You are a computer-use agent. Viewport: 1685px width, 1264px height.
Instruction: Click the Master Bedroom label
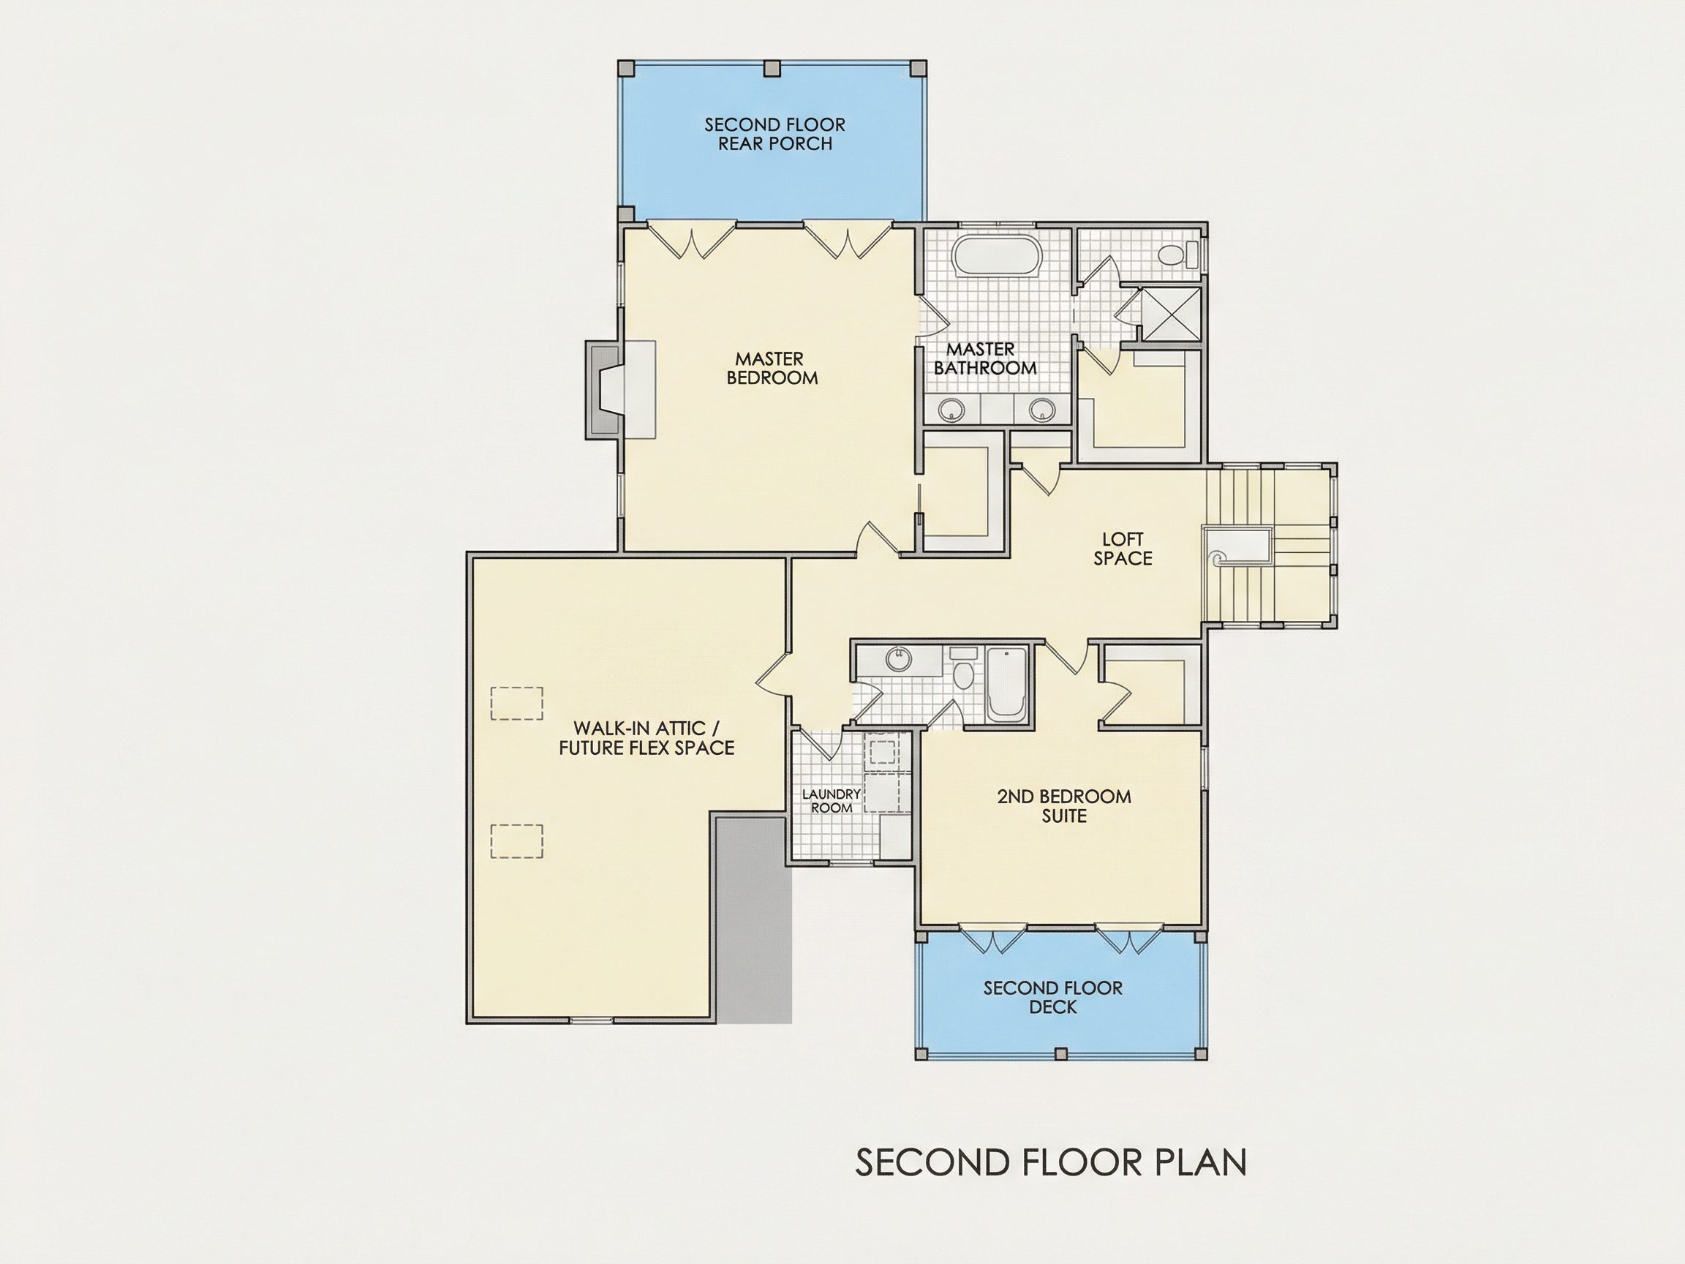(x=771, y=368)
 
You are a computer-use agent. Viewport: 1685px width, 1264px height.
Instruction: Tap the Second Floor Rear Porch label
(x=774, y=134)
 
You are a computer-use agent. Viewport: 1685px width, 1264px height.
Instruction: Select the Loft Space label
(x=1123, y=549)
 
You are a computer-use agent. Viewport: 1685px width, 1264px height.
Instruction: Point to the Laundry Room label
(x=831, y=801)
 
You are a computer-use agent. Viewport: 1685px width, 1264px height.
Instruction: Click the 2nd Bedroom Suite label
(x=1064, y=806)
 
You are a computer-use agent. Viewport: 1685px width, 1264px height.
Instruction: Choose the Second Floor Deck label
(x=1052, y=997)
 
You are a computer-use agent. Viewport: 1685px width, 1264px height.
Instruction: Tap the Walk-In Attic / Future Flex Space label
(x=647, y=738)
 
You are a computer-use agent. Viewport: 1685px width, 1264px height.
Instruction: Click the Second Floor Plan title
(x=1050, y=1162)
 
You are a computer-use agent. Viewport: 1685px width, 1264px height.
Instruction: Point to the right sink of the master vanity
(x=1041, y=410)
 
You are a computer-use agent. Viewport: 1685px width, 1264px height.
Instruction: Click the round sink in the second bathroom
(x=899, y=658)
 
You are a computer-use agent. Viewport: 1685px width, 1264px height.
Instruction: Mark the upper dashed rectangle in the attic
(x=516, y=703)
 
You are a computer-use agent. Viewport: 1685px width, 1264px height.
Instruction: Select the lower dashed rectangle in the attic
(x=516, y=841)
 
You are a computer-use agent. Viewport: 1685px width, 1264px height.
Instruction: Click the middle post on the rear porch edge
(x=772, y=68)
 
